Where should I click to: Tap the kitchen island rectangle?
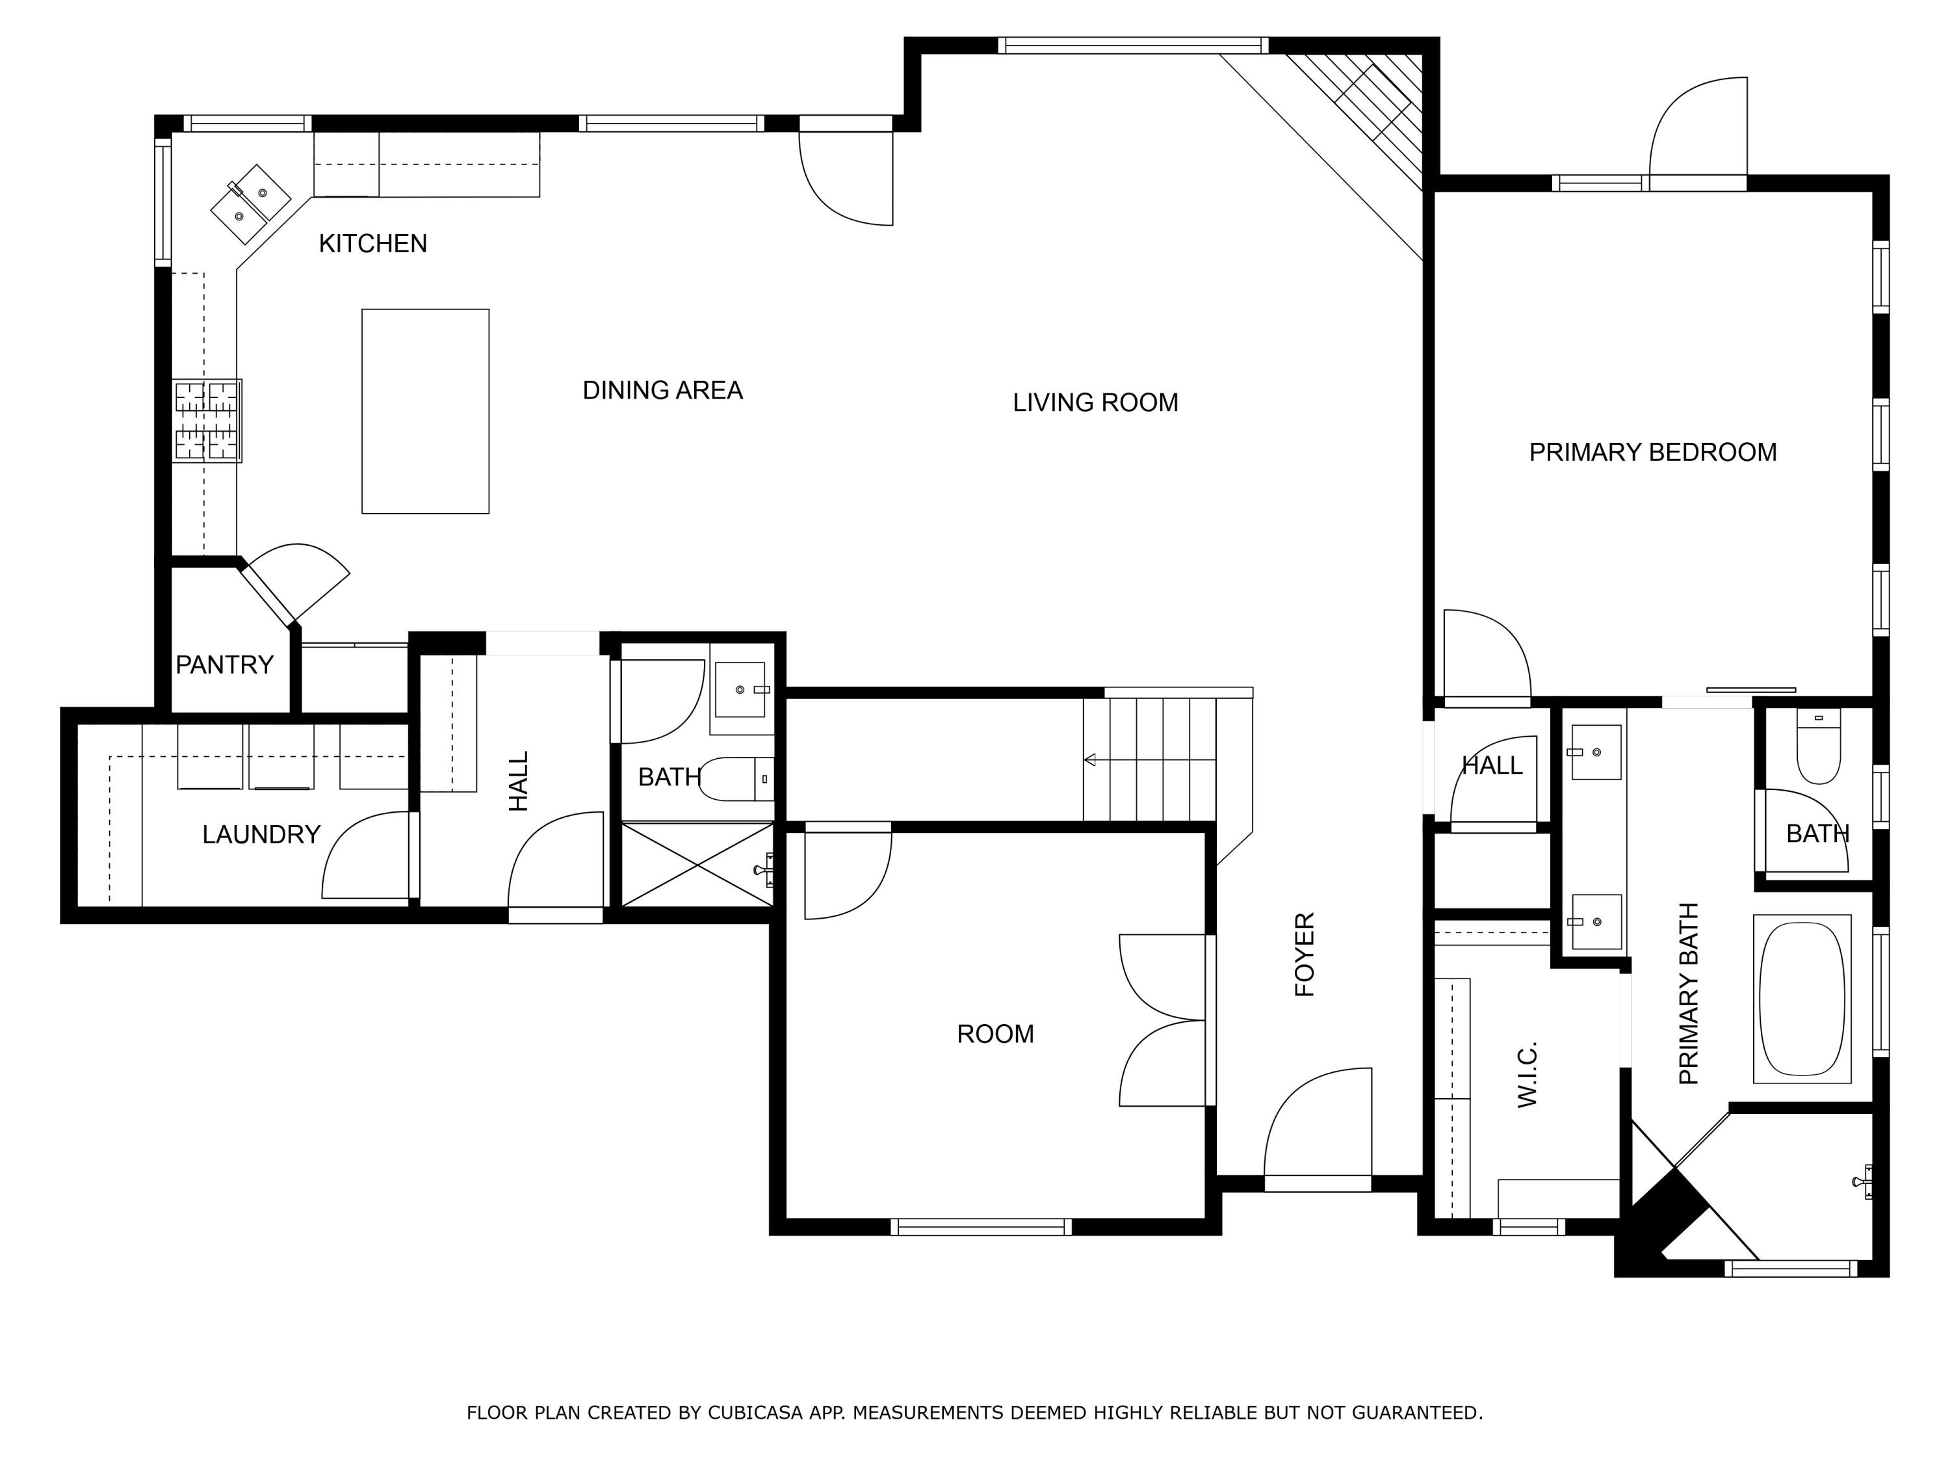[425, 411]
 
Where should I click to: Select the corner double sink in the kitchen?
[250, 204]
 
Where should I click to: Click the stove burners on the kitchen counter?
[206, 421]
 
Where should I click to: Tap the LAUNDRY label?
[261, 834]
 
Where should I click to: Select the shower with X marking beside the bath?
[697, 864]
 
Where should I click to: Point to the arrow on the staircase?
[1091, 759]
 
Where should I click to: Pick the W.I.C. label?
[1527, 1074]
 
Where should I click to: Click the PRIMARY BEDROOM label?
[1652, 453]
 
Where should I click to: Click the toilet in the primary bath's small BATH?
[1819, 750]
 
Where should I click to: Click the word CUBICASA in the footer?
[755, 1413]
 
